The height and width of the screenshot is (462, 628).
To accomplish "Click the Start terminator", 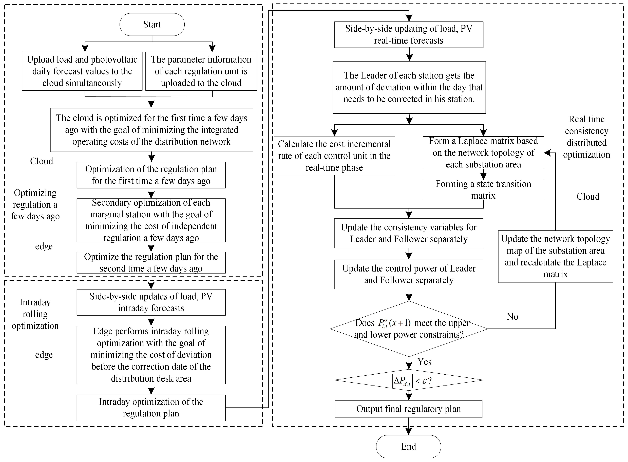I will click(152, 24).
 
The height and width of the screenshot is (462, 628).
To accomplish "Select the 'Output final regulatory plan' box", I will click(409, 409).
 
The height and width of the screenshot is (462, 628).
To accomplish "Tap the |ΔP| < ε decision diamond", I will click(409, 380).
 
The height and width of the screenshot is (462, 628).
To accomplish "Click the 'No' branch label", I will click(512, 317).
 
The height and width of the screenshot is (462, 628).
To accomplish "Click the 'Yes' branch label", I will click(424, 362).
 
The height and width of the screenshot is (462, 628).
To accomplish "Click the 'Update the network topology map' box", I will click(555, 256).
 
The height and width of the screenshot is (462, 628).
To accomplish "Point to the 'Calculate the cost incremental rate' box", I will click(334, 156).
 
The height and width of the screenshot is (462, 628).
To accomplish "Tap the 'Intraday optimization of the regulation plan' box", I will click(151, 408).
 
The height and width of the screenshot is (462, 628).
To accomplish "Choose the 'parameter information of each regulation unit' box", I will click(201, 71).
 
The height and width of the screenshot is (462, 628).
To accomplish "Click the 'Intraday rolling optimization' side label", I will click(35, 314).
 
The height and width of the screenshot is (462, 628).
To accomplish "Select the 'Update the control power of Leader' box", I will click(409, 274).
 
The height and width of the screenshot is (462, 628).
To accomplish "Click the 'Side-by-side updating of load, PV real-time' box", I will click(409, 35).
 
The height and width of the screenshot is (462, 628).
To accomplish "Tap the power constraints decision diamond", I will click(409, 329).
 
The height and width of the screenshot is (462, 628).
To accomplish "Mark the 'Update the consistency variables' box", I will click(409, 233).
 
